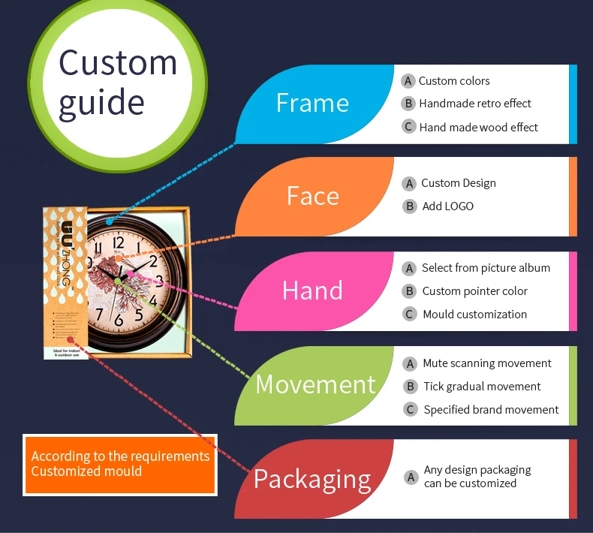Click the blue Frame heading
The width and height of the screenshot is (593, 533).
[312, 104]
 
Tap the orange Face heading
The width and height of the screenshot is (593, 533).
[313, 196]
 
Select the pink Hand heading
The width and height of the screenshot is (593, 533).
[312, 291]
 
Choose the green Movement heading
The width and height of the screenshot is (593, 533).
[315, 384]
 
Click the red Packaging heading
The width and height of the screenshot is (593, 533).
[312, 479]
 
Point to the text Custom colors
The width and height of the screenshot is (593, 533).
[454, 81]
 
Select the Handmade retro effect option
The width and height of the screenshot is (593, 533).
[475, 104]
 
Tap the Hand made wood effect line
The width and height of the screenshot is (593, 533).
[478, 128]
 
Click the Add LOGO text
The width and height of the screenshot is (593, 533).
[447, 206]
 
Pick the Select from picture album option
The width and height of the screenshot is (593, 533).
[486, 268]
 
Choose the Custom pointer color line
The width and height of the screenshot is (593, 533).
[474, 291]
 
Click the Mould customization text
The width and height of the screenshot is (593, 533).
[474, 315]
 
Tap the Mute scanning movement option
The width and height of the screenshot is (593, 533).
[486, 363]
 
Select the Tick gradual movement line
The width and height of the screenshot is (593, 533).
[481, 387]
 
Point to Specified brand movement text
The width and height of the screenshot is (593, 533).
[491, 410]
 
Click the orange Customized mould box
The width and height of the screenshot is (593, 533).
[120, 464]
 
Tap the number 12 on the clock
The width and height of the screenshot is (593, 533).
[119, 243]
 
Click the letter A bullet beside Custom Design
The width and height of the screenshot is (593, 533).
[409, 183]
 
